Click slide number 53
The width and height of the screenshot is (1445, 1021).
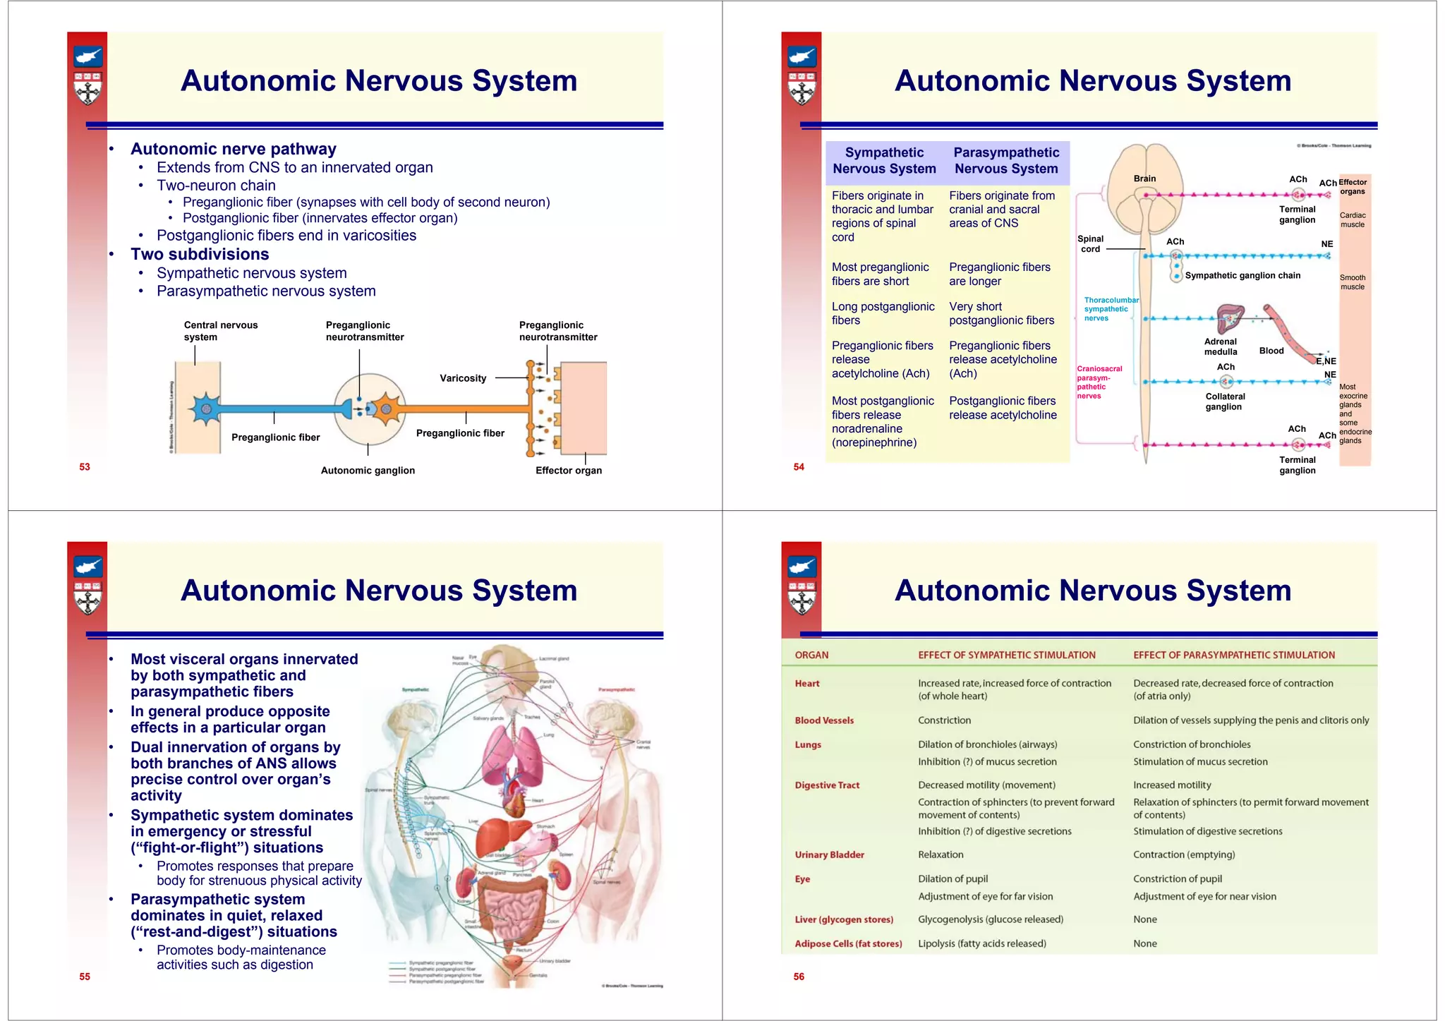click(85, 466)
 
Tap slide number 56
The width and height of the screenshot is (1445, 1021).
click(799, 977)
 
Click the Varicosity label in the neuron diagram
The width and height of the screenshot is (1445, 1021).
click(463, 378)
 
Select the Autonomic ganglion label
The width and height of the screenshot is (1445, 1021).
click(368, 471)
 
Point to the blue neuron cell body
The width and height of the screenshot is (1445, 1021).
click(205, 409)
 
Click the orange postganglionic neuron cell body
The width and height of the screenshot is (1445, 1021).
click(386, 409)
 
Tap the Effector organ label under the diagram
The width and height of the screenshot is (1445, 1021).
click(569, 471)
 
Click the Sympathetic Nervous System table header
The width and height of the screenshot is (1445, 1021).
click(884, 161)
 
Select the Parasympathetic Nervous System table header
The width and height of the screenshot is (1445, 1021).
click(1006, 161)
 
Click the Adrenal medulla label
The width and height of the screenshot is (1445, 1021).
click(1221, 346)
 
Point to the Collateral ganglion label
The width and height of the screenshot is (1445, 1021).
click(1225, 401)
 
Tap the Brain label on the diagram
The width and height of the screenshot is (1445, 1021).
click(1144, 179)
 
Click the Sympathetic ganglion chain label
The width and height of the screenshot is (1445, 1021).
click(1243, 276)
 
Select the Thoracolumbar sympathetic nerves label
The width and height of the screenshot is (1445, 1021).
click(1109, 309)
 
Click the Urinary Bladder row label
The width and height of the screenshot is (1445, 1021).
click(829, 854)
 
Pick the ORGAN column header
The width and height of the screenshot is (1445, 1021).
click(811, 655)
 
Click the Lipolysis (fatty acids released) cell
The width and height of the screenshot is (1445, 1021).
click(981, 943)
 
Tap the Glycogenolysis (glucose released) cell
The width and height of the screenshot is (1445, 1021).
click(990, 919)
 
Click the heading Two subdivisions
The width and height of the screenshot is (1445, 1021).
click(200, 254)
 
